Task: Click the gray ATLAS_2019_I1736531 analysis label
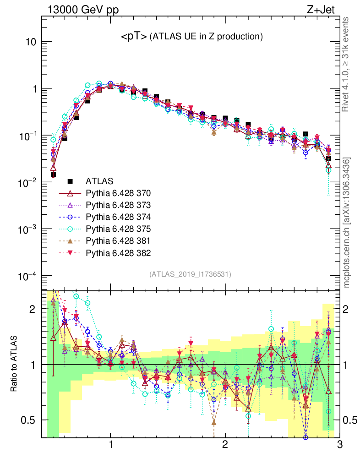tap(190, 274)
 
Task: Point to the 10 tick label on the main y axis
tap(30, 42)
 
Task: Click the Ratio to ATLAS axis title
tap(14, 364)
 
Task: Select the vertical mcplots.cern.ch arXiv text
tap(347, 223)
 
